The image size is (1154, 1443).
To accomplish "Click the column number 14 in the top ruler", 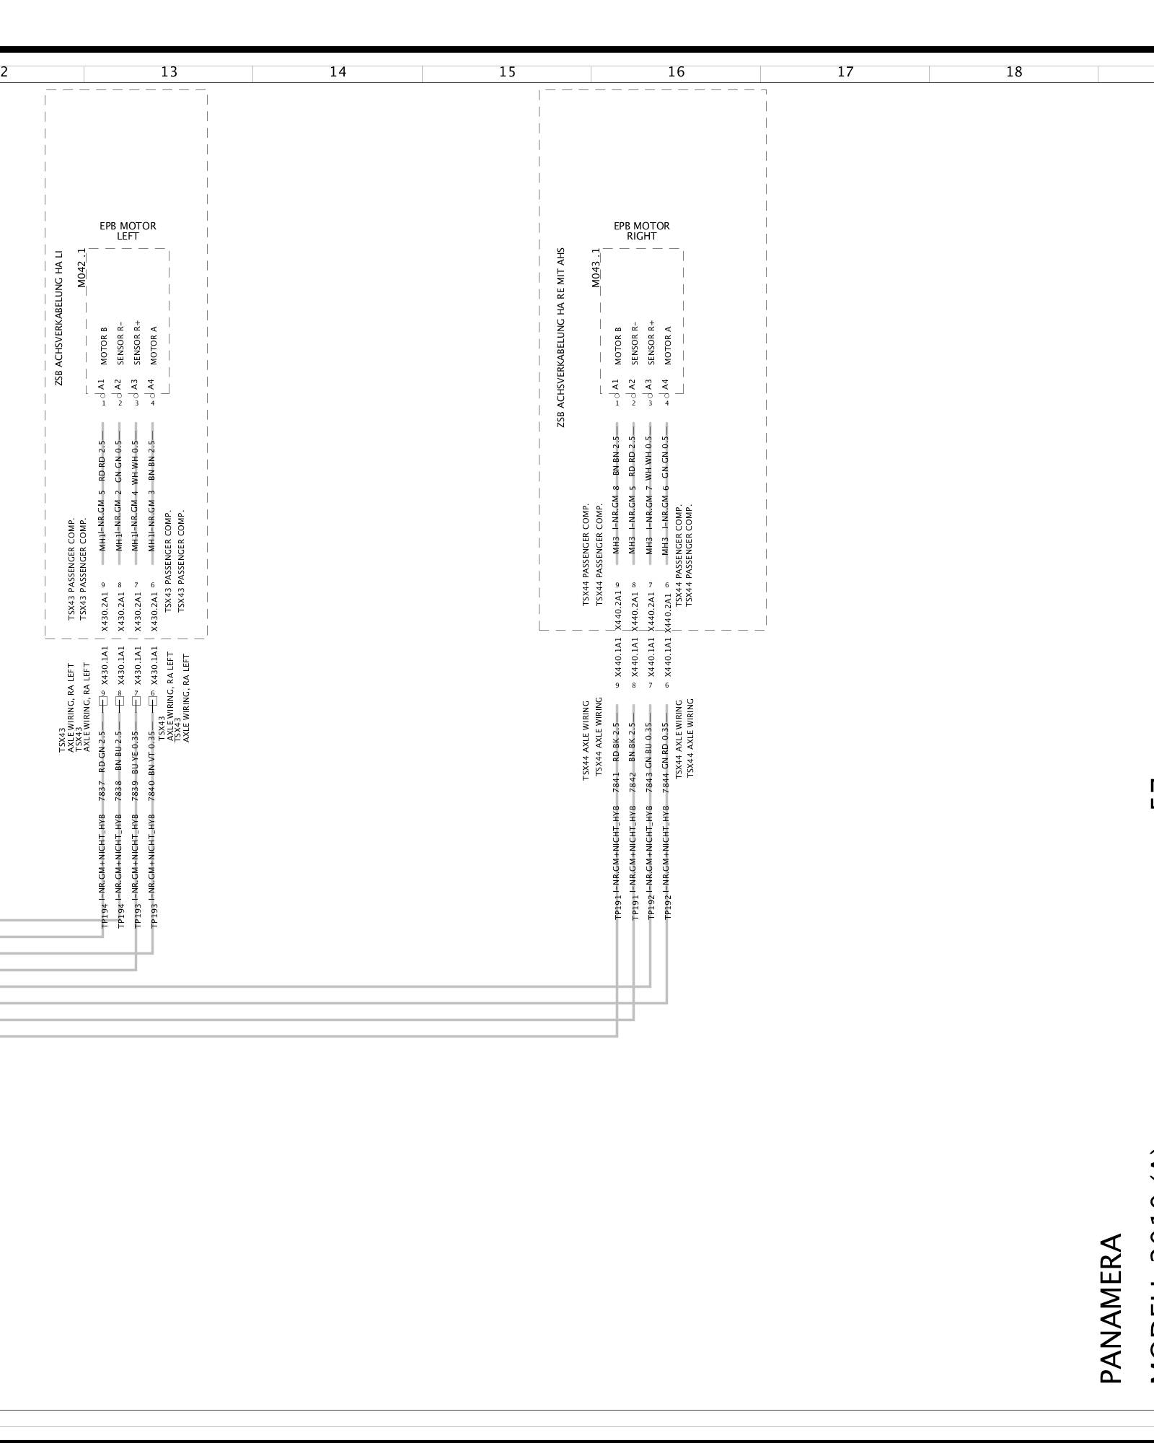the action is click(x=338, y=72).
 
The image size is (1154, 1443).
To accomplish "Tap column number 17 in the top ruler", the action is click(x=845, y=72).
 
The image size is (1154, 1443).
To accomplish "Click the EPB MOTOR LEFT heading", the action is click(x=128, y=231).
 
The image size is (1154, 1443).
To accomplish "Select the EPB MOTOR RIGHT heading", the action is click(x=641, y=231).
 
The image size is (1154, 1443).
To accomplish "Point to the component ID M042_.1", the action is click(x=82, y=268).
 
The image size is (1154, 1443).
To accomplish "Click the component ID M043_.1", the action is click(x=596, y=268).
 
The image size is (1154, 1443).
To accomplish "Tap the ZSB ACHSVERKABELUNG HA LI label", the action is click(x=59, y=318).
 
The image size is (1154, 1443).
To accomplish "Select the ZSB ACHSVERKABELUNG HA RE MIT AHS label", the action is click(x=561, y=338).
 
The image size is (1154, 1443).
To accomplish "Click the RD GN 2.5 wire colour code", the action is click(x=102, y=747).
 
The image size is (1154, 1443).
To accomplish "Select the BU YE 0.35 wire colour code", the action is click(x=136, y=747).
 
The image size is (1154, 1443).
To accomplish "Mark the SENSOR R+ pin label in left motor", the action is click(x=136, y=343).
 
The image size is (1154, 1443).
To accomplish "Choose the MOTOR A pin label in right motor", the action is click(x=667, y=345).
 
